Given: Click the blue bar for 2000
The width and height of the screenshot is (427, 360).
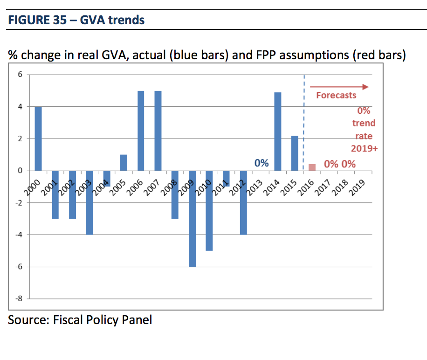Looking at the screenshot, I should tap(38, 138).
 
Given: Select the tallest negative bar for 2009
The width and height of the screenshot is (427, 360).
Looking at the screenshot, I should tap(192, 219).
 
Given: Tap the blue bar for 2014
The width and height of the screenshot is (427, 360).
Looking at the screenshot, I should tap(277, 132).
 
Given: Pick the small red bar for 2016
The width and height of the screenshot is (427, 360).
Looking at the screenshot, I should tap(312, 167).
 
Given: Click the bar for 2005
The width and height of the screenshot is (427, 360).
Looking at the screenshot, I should tap(124, 163).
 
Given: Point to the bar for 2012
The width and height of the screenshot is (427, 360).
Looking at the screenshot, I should tap(243, 203).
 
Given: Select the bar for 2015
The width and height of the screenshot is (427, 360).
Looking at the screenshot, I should tap(295, 153).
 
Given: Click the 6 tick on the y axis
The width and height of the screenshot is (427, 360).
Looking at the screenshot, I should tap(20, 74).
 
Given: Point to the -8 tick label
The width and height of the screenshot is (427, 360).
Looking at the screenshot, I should tap(18, 299).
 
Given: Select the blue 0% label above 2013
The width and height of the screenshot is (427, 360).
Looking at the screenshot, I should tap(262, 163).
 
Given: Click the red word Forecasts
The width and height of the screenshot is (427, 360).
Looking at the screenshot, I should tap(336, 95).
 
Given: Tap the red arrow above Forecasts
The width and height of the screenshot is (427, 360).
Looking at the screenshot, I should tap(339, 87).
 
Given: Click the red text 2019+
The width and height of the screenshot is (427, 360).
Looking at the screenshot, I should tap(364, 148).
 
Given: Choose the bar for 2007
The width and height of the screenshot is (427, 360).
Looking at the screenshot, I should tap(158, 131).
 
